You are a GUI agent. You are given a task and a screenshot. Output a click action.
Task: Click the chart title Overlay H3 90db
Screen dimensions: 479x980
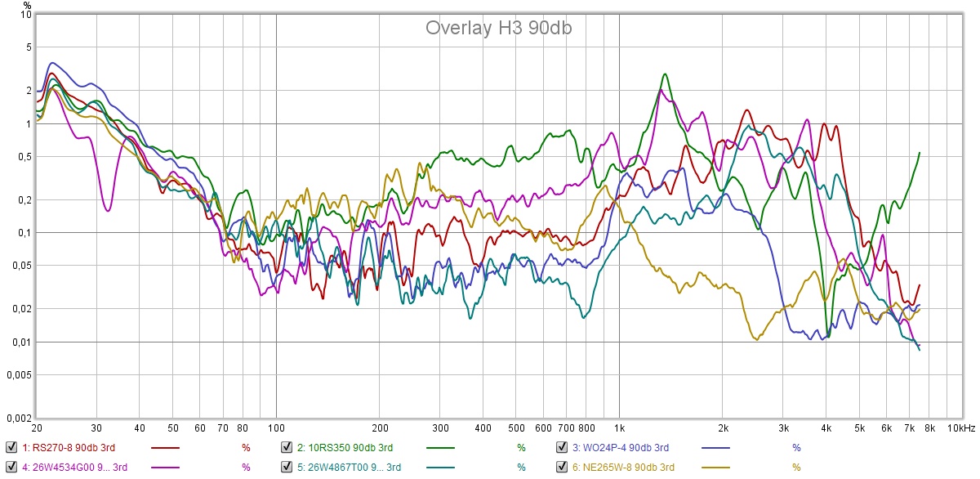click(498, 28)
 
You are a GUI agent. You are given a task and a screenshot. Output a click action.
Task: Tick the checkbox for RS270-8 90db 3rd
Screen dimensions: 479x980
click(11, 447)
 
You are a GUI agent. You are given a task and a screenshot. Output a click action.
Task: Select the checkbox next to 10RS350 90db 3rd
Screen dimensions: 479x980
click(287, 447)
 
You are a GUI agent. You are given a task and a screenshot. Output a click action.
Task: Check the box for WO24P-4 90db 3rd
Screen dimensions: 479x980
click(562, 447)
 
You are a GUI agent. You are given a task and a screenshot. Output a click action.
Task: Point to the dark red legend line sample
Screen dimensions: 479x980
click(166, 448)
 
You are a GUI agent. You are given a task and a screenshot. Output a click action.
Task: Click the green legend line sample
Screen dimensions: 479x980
click(441, 448)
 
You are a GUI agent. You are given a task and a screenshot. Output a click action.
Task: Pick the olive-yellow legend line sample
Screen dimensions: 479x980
click(717, 468)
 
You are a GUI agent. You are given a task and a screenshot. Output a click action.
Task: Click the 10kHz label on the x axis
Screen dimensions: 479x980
click(960, 428)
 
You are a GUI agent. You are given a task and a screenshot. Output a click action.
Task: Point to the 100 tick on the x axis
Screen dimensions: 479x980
click(276, 428)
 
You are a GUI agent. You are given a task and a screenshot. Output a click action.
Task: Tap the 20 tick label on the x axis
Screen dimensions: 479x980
click(37, 428)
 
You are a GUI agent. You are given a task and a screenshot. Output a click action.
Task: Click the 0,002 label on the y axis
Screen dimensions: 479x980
click(19, 418)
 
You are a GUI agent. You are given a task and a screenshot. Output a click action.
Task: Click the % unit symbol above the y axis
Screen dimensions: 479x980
click(27, 5)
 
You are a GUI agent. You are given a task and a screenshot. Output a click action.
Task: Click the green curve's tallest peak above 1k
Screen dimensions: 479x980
click(666, 74)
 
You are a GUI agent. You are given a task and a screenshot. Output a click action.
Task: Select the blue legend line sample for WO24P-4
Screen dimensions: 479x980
click(717, 448)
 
